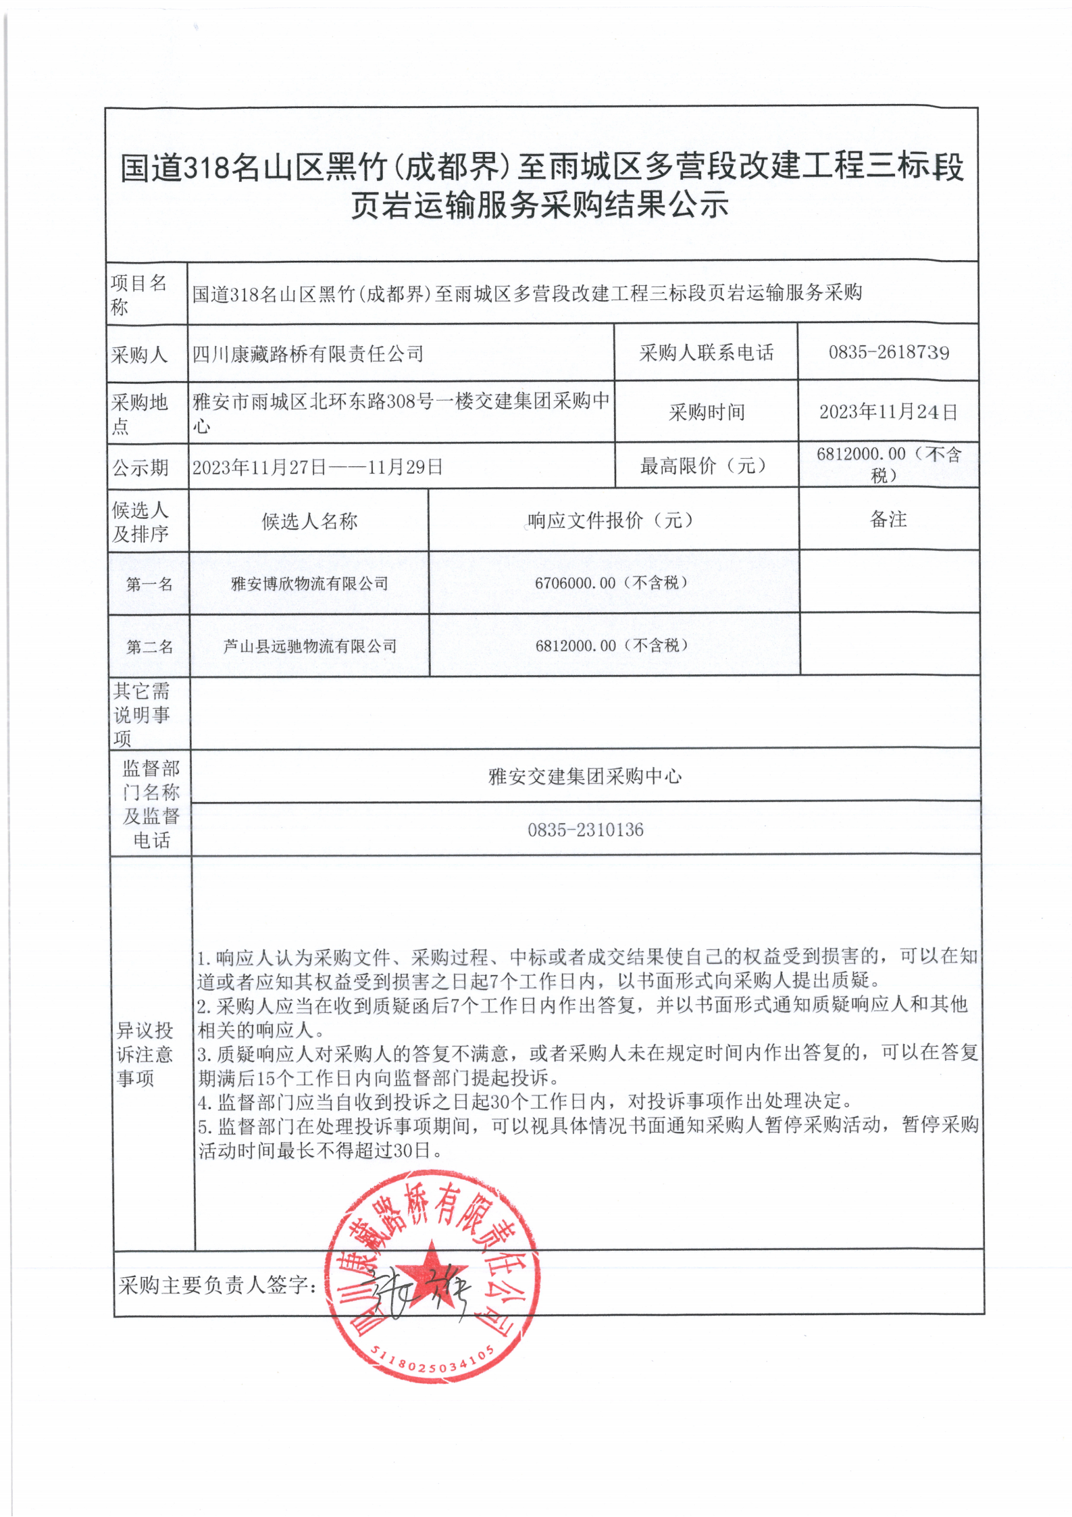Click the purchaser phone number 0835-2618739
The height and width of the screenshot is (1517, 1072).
(x=888, y=352)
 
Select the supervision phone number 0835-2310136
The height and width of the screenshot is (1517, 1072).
(x=585, y=829)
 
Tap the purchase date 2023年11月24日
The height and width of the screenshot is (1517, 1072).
(x=888, y=412)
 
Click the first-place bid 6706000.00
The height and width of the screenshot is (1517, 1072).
(x=576, y=582)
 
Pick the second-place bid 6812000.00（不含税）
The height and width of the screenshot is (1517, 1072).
(x=611, y=645)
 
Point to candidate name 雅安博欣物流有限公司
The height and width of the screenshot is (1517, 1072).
(x=309, y=583)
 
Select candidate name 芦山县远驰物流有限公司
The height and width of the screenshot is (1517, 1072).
(x=309, y=646)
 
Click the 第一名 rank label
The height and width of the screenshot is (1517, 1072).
(x=149, y=584)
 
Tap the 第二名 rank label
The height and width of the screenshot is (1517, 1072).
(x=149, y=647)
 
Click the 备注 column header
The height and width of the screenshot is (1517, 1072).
(x=888, y=519)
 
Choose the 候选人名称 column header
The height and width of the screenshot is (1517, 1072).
(x=309, y=521)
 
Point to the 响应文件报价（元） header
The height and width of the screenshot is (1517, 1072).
(x=611, y=520)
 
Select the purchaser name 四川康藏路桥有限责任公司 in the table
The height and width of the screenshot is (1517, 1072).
(x=308, y=353)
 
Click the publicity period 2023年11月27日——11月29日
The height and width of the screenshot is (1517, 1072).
(x=317, y=467)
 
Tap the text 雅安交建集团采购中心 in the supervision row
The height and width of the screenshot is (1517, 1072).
(x=585, y=776)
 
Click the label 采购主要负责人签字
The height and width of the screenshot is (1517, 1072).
(x=218, y=1285)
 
